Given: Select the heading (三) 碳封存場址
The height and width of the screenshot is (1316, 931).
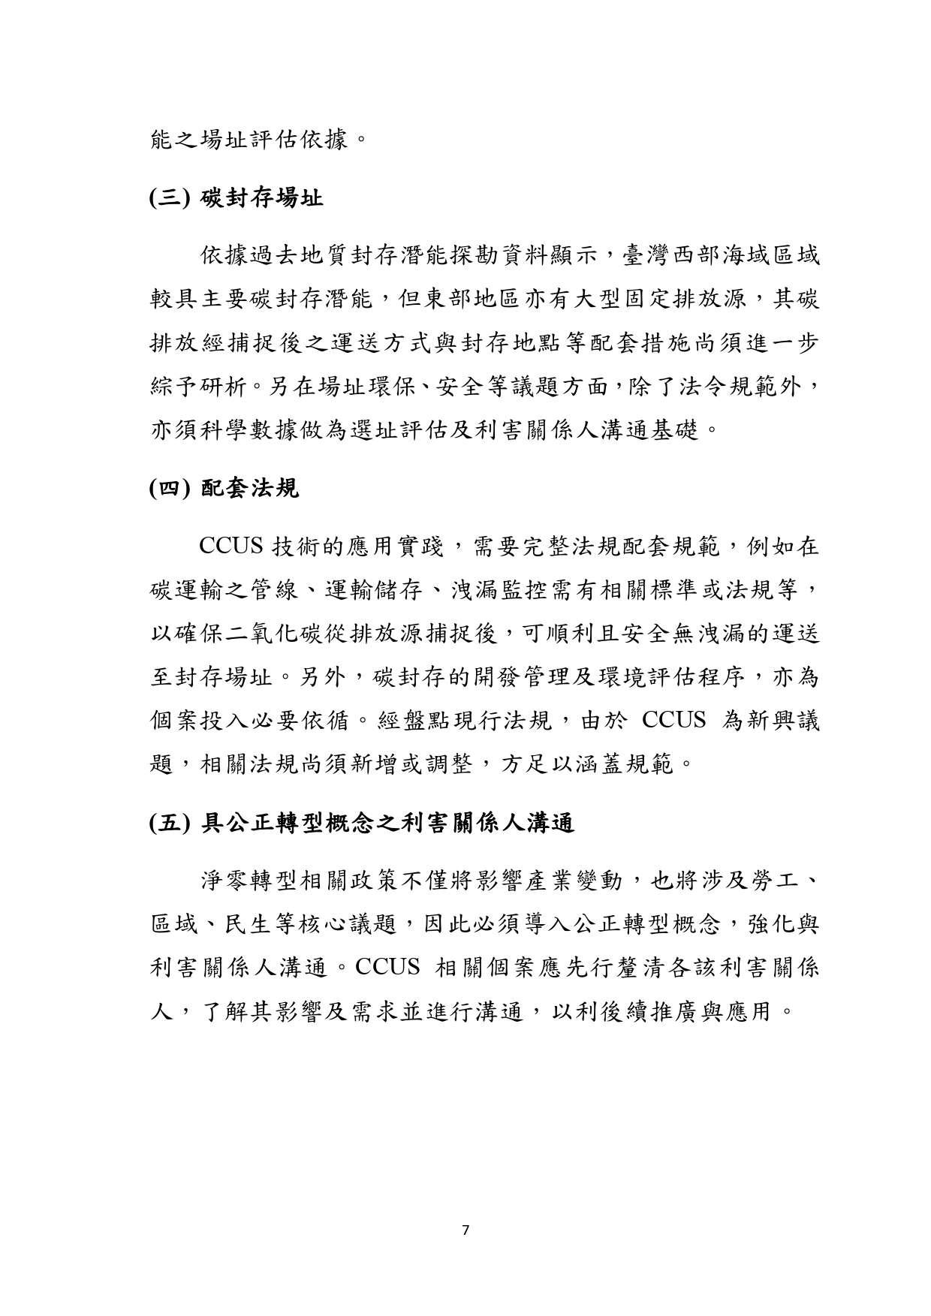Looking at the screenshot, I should tap(236, 199).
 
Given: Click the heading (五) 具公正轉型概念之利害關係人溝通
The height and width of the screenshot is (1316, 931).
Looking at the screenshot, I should tap(362, 824).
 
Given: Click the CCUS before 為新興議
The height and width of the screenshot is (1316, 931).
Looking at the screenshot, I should tap(674, 721).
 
